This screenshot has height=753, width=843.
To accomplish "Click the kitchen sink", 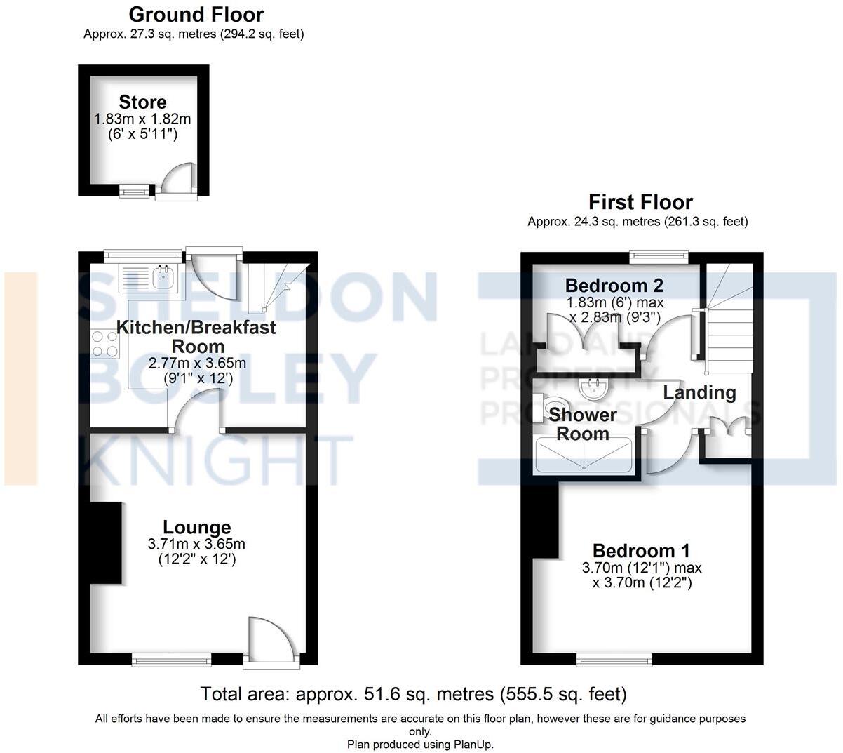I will point(164,276).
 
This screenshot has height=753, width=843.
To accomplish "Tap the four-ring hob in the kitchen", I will point(104,345).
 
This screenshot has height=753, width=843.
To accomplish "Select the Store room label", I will point(142,102).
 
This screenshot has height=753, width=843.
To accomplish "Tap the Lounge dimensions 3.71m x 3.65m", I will point(196,544).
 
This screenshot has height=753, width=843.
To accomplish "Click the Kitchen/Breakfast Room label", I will point(196,337).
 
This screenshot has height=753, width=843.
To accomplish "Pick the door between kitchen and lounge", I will point(195,411).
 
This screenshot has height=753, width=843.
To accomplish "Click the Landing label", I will point(699,392).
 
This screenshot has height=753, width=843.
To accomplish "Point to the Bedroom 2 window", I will point(659,257).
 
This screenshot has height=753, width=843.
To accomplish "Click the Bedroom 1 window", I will point(615,659).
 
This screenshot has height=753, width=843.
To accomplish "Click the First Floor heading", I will point(640,202).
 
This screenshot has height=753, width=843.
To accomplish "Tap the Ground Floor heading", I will point(196,14).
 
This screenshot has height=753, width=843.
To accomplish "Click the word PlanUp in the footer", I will point(473,745).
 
